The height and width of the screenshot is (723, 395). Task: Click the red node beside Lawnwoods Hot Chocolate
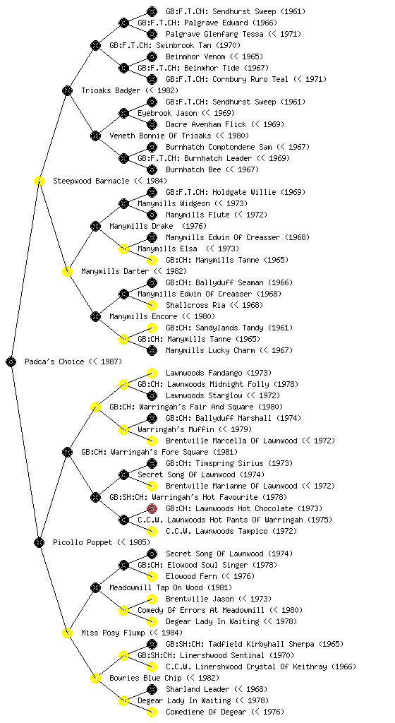click(152, 508)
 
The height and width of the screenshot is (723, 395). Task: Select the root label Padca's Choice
click(54, 361)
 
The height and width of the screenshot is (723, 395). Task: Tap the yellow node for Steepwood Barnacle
click(39, 181)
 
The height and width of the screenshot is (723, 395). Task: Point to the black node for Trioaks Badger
click(67, 90)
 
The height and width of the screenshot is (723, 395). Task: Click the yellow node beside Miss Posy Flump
click(67, 633)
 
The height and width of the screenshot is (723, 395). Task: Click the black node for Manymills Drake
click(95, 226)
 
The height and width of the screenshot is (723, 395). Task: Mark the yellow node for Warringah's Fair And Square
click(95, 407)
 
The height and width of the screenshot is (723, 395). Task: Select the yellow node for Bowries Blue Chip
click(95, 678)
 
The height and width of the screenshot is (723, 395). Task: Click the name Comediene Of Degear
click(206, 712)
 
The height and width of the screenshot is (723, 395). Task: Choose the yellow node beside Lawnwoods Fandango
click(152, 373)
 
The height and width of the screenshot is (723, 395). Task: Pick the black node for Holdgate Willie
click(152, 192)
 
